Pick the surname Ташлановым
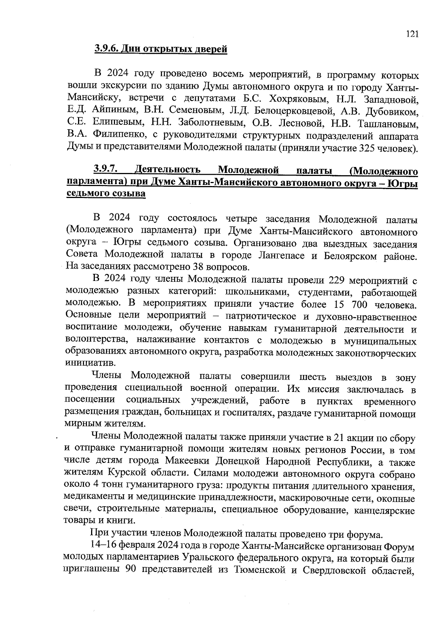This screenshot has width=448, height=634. [x=388, y=124]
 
